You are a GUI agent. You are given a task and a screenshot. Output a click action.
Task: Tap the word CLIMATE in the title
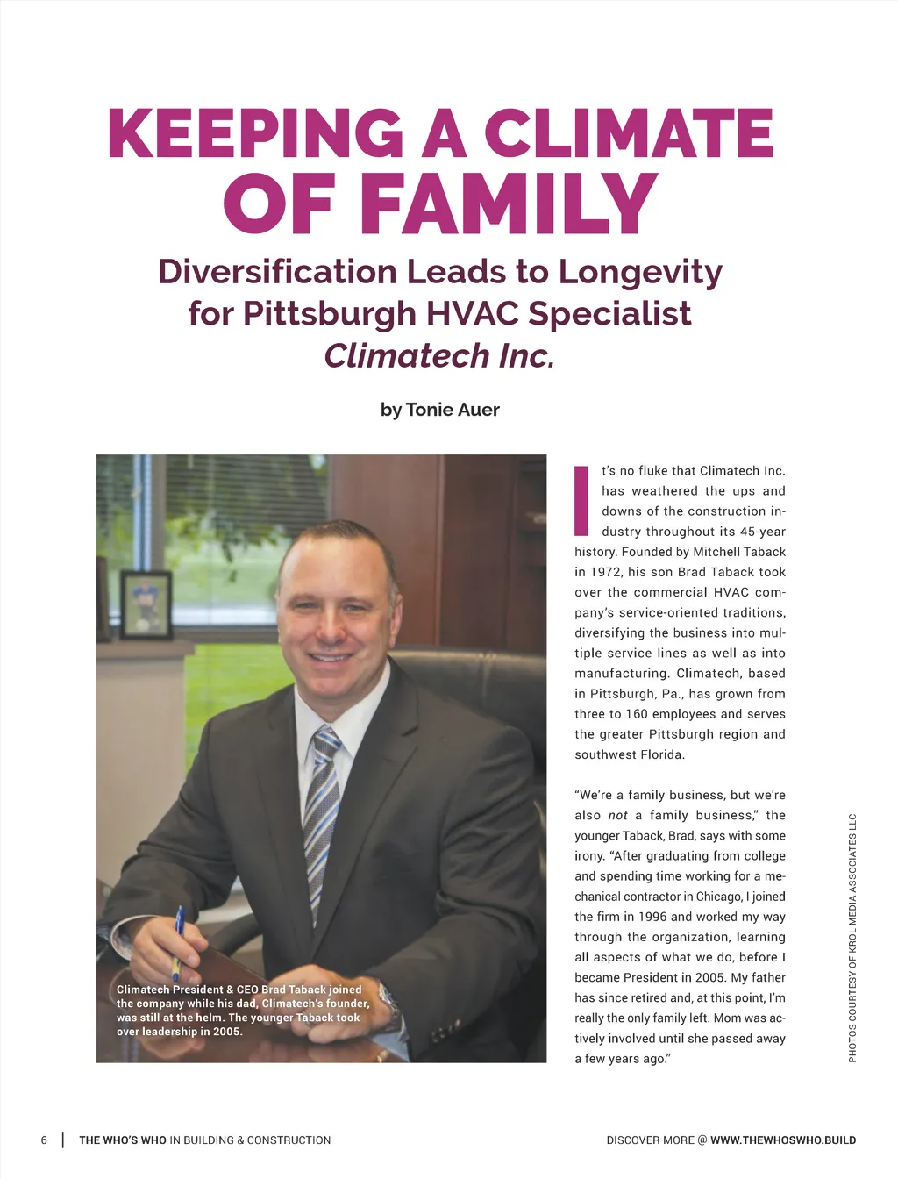coord(628,134)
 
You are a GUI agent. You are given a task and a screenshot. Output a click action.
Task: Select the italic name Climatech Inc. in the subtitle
coord(439,356)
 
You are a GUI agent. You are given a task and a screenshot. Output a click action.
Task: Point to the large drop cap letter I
coord(581,501)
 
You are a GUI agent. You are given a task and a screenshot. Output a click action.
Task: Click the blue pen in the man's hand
coord(178,939)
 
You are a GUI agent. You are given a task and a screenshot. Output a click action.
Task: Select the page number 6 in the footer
coord(44,1140)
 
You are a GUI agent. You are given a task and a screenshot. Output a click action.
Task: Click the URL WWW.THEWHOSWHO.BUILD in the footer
coord(783,1140)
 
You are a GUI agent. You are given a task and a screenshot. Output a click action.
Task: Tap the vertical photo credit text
coord(852,938)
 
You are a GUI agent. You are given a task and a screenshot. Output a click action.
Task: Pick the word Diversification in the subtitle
coord(277,272)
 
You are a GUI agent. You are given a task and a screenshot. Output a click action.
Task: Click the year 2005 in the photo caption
coord(226,1032)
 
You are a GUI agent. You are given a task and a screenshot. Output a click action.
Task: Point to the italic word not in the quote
coord(617,816)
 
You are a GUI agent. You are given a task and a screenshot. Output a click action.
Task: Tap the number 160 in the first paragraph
coord(637,714)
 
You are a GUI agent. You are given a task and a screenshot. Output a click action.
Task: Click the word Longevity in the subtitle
coord(640,272)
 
